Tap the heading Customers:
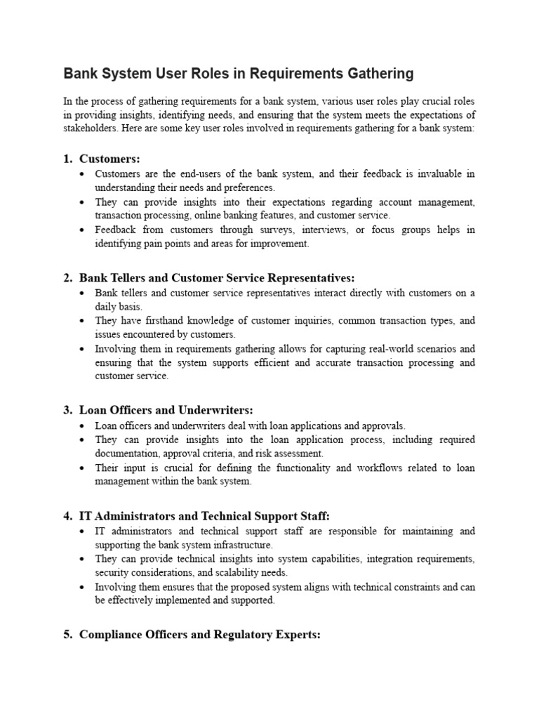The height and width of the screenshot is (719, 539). pyautogui.click(x=109, y=159)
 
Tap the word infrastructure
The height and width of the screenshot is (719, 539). pyautogui.click(x=241, y=545)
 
